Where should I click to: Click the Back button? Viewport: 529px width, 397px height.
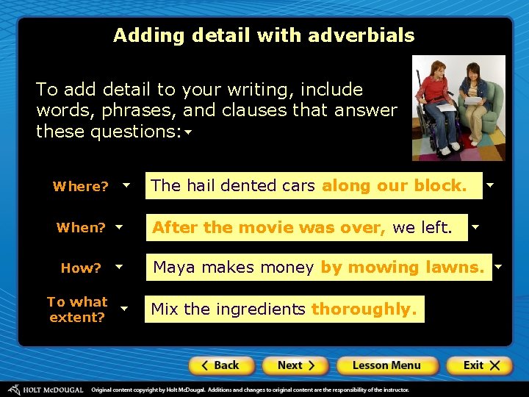point(221,365)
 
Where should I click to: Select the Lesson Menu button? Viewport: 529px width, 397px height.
point(386,365)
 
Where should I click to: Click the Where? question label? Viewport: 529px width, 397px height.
point(80,187)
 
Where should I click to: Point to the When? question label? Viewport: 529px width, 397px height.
point(81,228)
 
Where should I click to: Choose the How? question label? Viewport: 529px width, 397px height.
point(81,268)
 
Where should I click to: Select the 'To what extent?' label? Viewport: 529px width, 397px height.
point(77,310)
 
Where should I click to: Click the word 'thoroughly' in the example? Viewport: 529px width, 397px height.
point(364,310)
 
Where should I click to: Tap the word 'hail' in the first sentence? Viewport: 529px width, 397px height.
point(201,186)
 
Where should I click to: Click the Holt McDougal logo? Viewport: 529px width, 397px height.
point(46,390)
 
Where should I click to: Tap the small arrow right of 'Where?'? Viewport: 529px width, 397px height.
point(126,185)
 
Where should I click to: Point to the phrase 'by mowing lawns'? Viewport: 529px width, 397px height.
point(402,268)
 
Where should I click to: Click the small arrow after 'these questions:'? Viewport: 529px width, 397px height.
point(188,133)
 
